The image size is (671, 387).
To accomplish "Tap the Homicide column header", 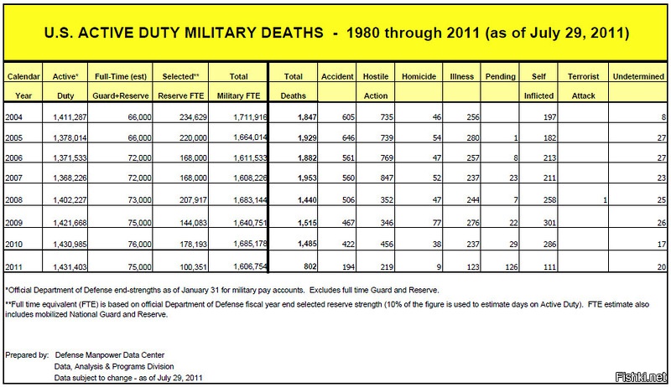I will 418,76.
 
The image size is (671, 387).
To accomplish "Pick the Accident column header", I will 338,76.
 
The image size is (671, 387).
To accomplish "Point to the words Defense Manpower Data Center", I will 117,355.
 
